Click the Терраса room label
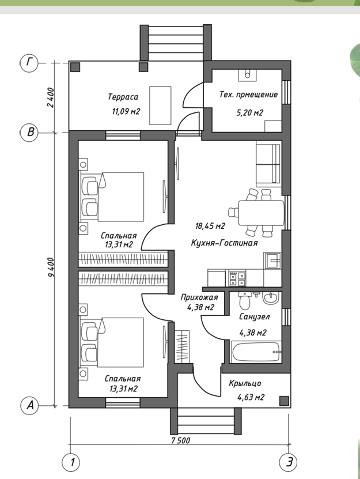(x=123, y=97)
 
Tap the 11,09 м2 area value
(x=126, y=111)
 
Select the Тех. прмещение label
(x=249, y=95)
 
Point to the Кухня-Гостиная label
(x=225, y=243)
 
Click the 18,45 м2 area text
(x=210, y=226)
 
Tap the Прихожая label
(x=199, y=297)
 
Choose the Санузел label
(x=255, y=316)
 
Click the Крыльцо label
(x=245, y=383)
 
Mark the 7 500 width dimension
(x=181, y=440)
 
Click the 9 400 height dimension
(x=51, y=267)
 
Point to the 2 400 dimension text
(x=51, y=97)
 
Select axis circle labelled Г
(x=29, y=63)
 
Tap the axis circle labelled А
(x=30, y=406)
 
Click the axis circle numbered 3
(x=289, y=462)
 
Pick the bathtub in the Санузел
(x=256, y=352)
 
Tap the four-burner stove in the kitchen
(x=237, y=278)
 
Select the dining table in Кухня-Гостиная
(x=261, y=213)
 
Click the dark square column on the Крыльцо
(x=285, y=401)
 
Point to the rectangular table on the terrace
(x=160, y=105)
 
